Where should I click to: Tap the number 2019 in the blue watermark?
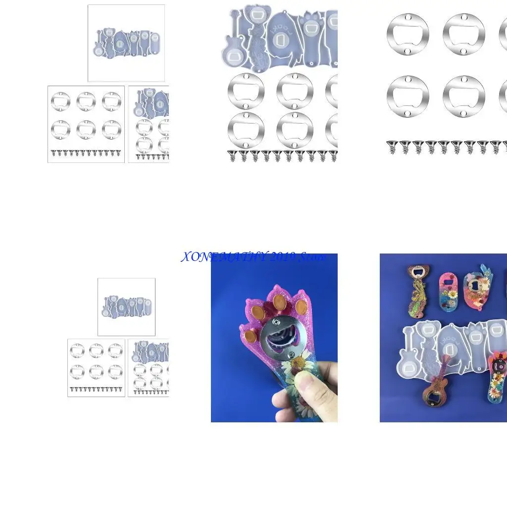281,257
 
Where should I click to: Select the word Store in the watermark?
312,257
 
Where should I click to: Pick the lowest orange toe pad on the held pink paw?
251,337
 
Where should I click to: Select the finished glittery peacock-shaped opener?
416,292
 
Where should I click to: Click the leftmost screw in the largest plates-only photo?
393,148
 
